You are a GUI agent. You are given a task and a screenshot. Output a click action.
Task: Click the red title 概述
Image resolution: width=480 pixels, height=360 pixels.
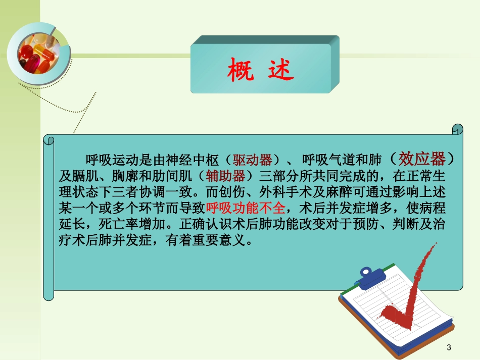pos(260,71)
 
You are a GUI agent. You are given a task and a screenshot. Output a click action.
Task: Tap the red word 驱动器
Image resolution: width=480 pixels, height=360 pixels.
pos(252,161)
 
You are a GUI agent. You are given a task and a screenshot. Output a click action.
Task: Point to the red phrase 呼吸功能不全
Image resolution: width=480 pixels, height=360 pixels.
pos(246,209)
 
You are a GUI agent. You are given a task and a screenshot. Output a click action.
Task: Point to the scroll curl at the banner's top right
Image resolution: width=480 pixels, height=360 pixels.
pos(457,129)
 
